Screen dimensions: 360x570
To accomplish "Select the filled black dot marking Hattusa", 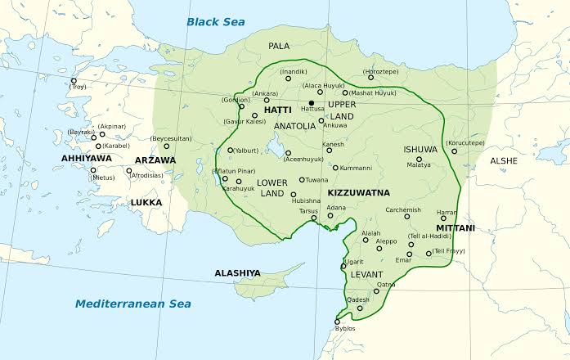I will pos(312,103).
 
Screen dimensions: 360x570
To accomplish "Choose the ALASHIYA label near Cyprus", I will pos(237,272).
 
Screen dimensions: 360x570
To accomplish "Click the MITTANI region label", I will pos(456,227).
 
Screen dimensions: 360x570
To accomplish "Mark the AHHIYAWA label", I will pos(85,159).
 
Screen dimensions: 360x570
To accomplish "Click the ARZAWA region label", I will pos(154,160).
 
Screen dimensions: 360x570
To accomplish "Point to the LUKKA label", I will pos(146,202).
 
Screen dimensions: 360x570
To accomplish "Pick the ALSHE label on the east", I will pos(504,161).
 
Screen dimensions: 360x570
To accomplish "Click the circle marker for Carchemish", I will pos(407,216).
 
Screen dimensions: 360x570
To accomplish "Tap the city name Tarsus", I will pos(308,209).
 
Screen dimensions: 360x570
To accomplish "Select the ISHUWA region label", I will pos(421,150).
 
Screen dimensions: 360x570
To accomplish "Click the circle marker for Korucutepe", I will pos(454,151).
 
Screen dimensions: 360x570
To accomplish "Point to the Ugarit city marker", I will pos(343,266).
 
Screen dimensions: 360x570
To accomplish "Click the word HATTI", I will pos(278,110).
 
